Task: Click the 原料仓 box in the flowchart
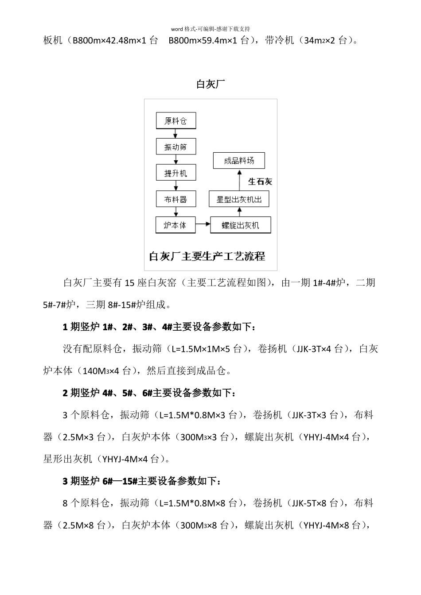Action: pyautogui.click(x=176, y=121)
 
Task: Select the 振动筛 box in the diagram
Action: pyautogui.click(x=176, y=147)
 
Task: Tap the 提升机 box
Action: pyautogui.click(x=176, y=173)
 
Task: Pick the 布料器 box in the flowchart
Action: pyautogui.click(x=176, y=199)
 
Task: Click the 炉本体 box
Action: pyautogui.click(x=175, y=225)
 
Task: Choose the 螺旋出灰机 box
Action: pyautogui.click(x=240, y=225)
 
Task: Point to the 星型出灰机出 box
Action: pyautogui.click(x=239, y=199)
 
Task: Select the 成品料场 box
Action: pyautogui.click(x=239, y=161)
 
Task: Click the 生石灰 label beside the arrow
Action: pyautogui.click(x=260, y=182)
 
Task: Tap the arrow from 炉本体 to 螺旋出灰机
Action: pyautogui.click(x=203, y=225)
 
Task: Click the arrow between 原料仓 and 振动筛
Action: pyautogui.click(x=176, y=134)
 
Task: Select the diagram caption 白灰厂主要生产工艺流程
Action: pyautogui.click(x=207, y=256)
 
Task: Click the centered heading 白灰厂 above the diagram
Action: pyautogui.click(x=210, y=84)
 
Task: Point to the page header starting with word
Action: pyautogui.click(x=210, y=29)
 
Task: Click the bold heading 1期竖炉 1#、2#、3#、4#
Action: pyautogui.click(x=159, y=327)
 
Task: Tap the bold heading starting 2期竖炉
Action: pyautogui.click(x=149, y=393)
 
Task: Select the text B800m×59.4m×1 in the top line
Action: pyautogui.click(x=203, y=41)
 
